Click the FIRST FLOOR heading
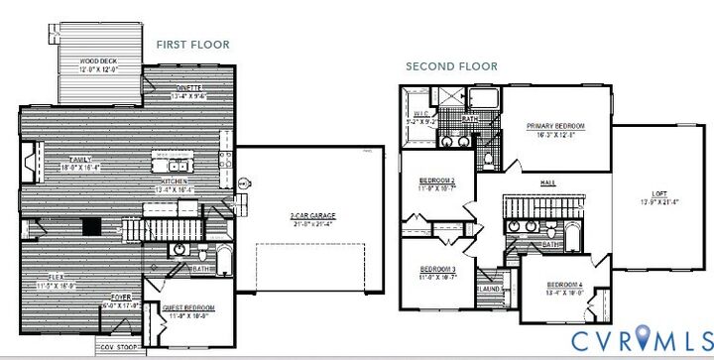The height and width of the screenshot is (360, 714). click(192, 45)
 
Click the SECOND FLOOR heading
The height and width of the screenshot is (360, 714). click(451, 67)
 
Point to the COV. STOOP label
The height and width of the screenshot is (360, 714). click(117, 348)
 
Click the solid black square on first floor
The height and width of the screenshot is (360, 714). click(91, 225)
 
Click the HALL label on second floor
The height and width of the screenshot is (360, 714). click(546, 183)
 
